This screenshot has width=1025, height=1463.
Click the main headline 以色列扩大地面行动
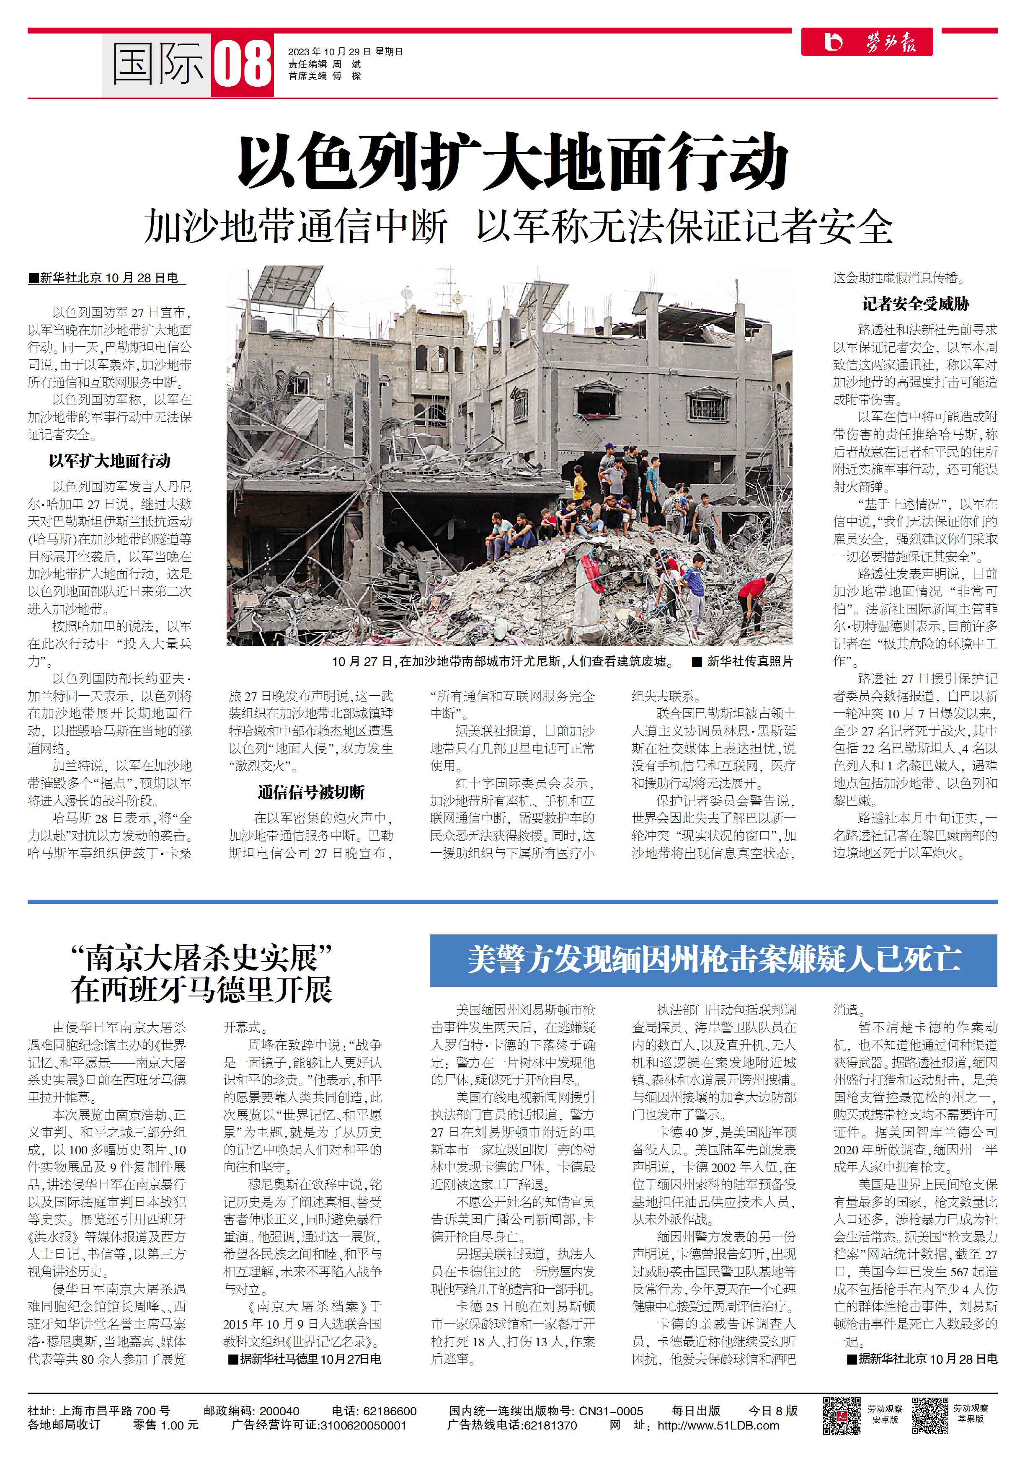tap(513, 161)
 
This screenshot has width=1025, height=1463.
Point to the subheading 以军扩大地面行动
tap(110, 461)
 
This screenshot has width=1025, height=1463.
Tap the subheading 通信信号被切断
tap(311, 792)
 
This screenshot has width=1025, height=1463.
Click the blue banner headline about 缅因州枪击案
tap(713, 960)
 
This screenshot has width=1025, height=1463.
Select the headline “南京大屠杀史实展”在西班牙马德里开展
tap(201, 974)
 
